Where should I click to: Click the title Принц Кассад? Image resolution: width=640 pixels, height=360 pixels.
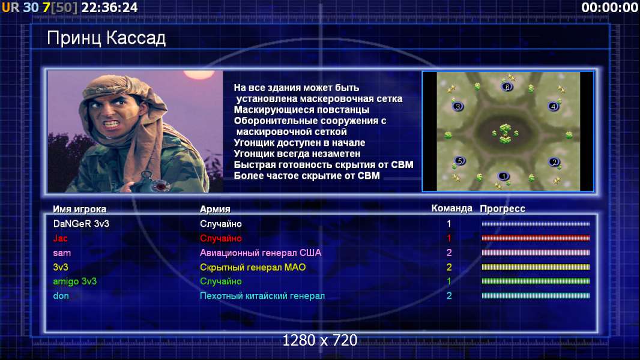click(106, 38)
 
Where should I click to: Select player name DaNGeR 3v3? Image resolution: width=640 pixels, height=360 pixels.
click(81, 224)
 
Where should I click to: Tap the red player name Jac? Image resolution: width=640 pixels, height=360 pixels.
click(61, 239)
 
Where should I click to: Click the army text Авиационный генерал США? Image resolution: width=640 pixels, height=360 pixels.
click(261, 253)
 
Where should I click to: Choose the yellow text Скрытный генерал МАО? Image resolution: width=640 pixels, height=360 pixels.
click(253, 268)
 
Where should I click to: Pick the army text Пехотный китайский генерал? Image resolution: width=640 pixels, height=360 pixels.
click(262, 296)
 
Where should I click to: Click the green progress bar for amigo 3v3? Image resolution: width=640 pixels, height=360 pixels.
click(536, 281)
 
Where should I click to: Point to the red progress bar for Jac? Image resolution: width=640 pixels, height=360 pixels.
click(536, 238)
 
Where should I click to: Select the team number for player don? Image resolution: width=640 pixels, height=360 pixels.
click(449, 296)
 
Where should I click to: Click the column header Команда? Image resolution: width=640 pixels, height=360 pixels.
click(452, 208)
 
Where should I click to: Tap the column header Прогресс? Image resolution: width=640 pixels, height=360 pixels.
click(503, 209)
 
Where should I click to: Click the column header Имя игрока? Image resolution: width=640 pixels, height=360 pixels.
click(80, 209)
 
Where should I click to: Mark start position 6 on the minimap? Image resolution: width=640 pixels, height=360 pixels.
click(507, 87)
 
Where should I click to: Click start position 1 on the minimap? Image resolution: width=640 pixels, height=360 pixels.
click(504, 176)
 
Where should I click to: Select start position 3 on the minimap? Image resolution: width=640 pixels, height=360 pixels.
click(457, 107)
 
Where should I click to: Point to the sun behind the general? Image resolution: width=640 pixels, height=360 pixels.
click(199, 74)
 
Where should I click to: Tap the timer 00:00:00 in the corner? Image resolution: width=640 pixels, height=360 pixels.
click(610, 7)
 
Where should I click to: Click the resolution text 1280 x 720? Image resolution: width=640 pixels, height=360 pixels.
click(320, 340)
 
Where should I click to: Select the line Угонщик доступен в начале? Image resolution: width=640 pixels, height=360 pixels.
click(300, 143)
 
